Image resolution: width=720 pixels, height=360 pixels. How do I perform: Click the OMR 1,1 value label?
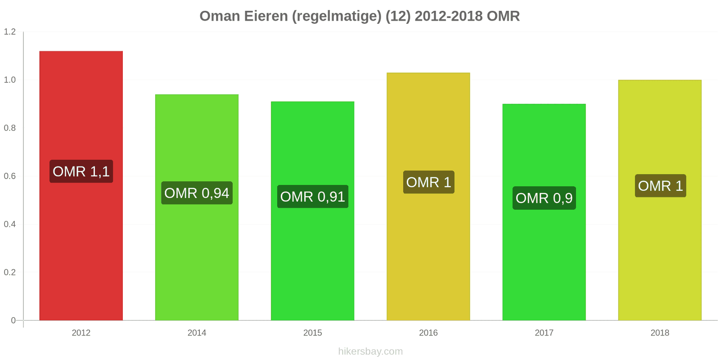[x=81, y=171]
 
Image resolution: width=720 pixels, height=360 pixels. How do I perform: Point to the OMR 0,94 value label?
[x=197, y=193]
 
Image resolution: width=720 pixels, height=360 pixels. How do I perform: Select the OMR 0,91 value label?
[x=312, y=197]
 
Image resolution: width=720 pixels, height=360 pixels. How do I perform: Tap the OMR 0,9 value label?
[x=544, y=198]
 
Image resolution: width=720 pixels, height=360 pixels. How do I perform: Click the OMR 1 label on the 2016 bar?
[x=428, y=182]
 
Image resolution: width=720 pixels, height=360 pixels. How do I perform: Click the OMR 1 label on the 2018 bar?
[x=660, y=186]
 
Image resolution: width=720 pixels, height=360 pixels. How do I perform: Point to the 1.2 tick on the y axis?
[x=10, y=32]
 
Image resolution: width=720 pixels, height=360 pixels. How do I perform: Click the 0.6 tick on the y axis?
[x=10, y=176]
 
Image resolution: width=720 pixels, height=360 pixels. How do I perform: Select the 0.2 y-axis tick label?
[x=10, y=272]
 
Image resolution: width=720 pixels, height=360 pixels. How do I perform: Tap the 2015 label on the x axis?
[x=312, y=333]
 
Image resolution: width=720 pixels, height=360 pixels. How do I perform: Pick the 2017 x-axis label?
[x=544, y=333]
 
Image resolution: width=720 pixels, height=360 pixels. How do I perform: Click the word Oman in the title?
[x=220, y=16]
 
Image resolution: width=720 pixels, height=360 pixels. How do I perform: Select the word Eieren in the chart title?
[x=267, y=16]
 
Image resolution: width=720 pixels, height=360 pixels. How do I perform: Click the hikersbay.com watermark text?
[x=370, y=351]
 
